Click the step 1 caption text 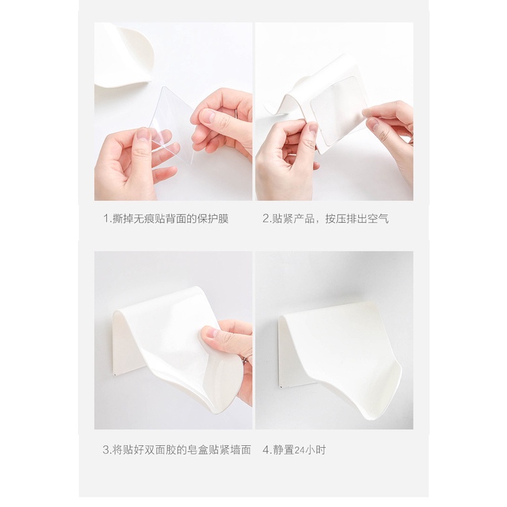[165, 219]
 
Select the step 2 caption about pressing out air [325, 219]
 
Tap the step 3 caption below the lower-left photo [176, 450]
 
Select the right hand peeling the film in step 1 [222, 124]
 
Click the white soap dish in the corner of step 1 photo [124, 57]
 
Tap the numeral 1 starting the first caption [105, 219]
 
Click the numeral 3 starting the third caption [105, 450]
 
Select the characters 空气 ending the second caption [378, 219]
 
